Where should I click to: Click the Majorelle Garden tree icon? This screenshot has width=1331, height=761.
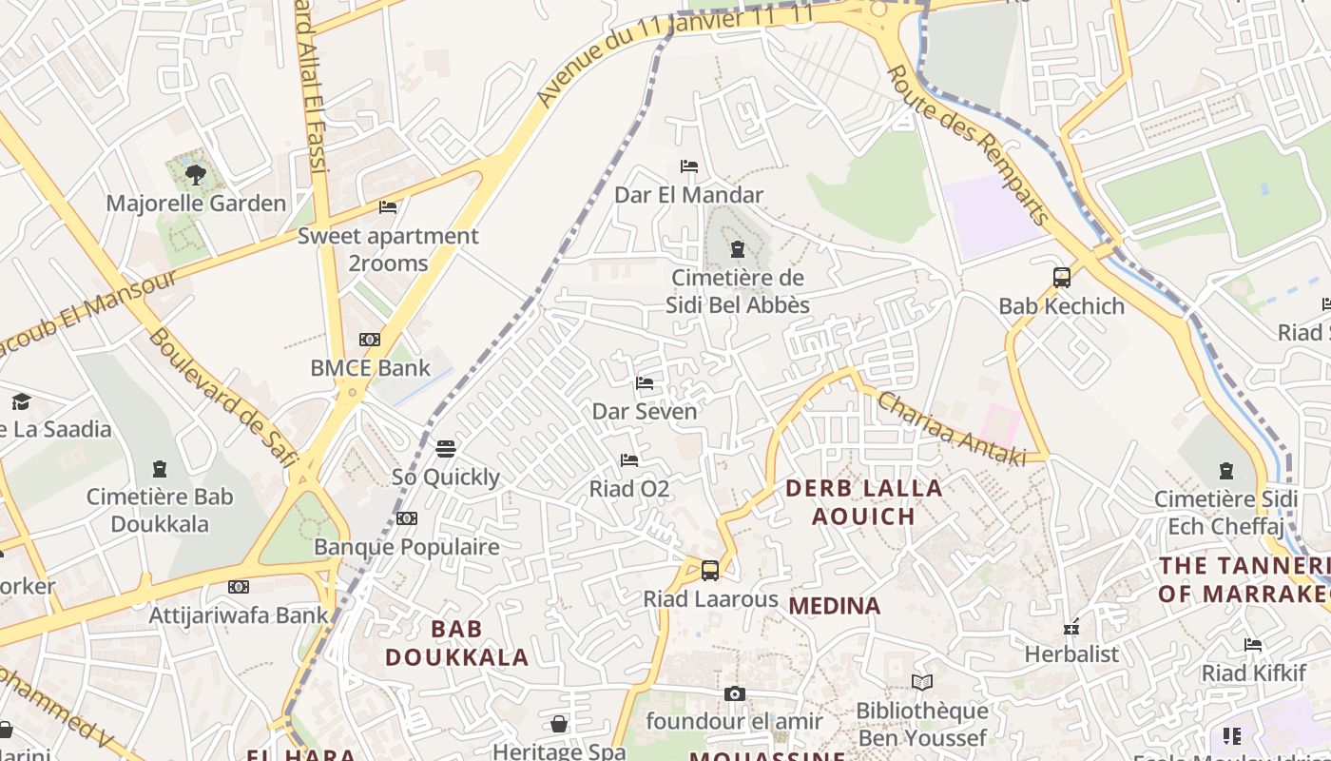click(196, 175)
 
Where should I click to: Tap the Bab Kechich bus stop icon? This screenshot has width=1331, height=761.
click(1062, 278)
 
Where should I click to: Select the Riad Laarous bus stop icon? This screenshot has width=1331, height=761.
click(710, 571)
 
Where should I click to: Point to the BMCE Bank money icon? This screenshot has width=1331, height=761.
click(370, 340)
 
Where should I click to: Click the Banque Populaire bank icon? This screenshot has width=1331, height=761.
click(407, 518)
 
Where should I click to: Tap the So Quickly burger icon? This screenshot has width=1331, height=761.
click(446, 449)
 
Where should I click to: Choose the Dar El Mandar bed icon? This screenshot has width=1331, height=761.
click(689, 166)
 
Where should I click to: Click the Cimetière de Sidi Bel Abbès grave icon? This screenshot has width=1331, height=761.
click(737, 250)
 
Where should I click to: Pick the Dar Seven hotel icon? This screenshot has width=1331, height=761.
click(645, 383)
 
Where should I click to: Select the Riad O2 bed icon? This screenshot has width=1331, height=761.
click(628, 460)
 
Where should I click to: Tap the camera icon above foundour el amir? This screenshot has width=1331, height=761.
click(734, 693)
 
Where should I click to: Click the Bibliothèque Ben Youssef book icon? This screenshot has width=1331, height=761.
click(921, 682)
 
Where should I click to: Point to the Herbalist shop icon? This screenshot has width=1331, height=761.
click(1071, 627)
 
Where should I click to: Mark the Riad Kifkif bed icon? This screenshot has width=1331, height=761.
click(1253, 645)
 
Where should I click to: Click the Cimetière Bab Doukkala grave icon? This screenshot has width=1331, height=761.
click(160, 468)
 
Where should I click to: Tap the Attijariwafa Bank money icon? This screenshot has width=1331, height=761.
click(238, 587)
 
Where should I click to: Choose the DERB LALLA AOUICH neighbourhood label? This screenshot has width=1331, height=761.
click(863, 502)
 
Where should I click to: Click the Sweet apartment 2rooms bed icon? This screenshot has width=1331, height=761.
click(388, 206)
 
